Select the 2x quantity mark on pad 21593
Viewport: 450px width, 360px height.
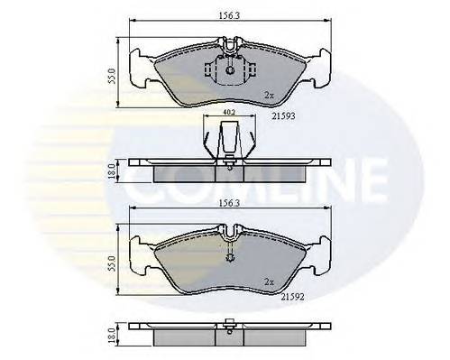click(x=268, y=94)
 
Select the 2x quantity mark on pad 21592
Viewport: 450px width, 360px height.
click(x=268, y=281)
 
